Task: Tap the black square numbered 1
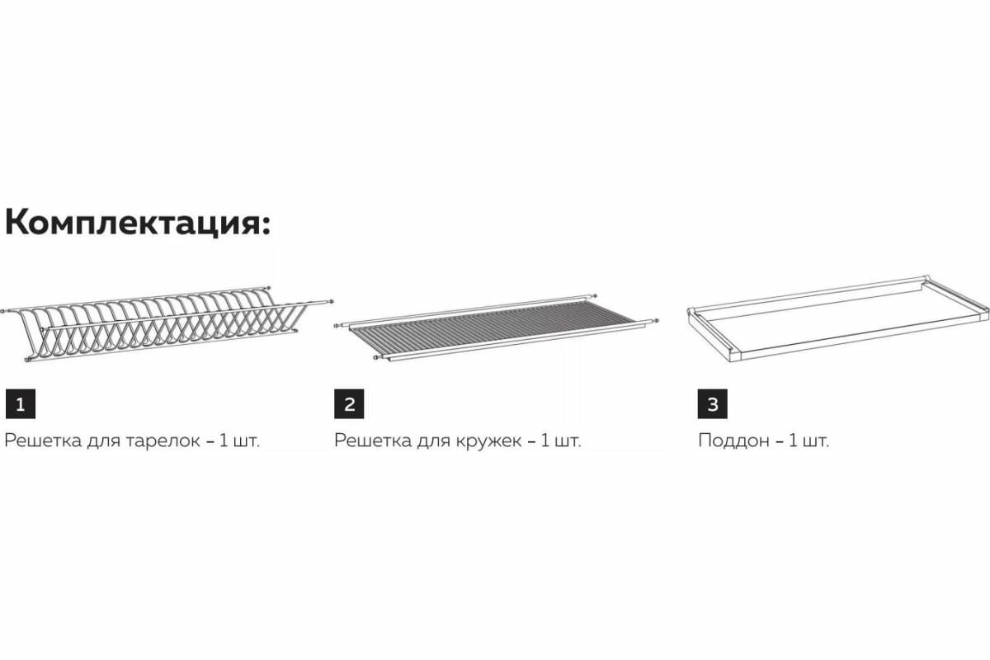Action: pyautogui.click(x=20, y=404)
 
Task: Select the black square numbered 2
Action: pyautogui.click(x=349, y=404)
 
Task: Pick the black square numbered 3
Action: pyautogui.click(x=713, y=404)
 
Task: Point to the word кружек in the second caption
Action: pyautogui.click(x=490, y=441)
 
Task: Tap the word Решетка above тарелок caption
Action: pyautogui.click(x=40, y=441)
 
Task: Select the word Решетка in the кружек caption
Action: pyautogui.click(x=370, y=441)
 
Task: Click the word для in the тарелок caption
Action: pyautogui.click(x=103, y=441)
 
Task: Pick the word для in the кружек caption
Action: pyautogui.click(x=432, y=441)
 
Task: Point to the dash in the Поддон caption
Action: pyautogui.click(x=777, y=441)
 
